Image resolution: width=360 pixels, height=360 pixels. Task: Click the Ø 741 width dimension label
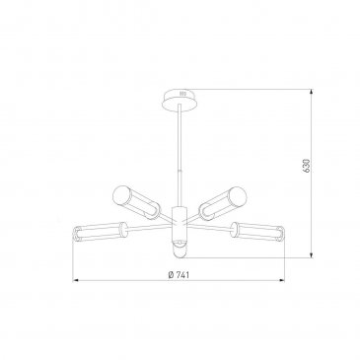pos(179,275)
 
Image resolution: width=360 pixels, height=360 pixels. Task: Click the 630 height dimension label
pos(307,166)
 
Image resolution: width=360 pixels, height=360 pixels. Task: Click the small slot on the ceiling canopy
pos(182,94)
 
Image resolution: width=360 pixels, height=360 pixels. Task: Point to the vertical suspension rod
pos(180,156)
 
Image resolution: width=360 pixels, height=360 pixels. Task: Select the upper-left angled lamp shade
pos(136,201)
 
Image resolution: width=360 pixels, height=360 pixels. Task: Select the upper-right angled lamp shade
pos(223,202)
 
